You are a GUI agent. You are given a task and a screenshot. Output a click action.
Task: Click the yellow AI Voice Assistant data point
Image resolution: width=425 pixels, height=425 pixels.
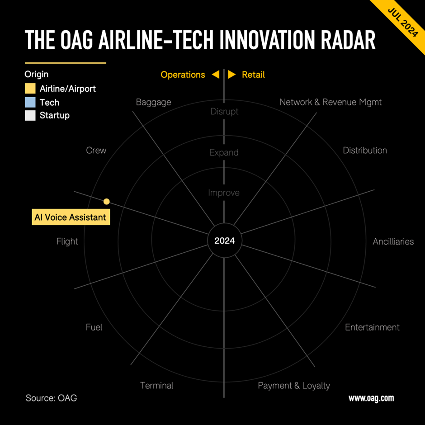[x=107, y=201]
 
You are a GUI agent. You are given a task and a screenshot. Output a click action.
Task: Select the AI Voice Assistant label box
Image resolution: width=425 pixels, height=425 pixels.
[x=70, y=217]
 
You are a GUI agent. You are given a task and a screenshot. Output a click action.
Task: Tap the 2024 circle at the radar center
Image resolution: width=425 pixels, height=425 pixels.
[x=224, y=241]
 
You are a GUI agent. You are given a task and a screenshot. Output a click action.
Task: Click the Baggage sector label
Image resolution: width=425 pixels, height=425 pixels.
[x=153, y=102]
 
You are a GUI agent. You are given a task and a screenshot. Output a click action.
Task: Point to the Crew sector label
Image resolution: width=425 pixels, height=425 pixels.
[x=96, y=150]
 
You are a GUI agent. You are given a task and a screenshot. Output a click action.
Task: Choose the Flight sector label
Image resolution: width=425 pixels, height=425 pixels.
[x=67, y=241]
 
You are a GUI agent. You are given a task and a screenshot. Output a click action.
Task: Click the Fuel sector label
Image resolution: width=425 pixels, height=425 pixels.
[x=94, y=327]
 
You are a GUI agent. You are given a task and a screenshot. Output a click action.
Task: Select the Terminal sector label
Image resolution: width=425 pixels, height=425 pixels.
[x=156, y=385]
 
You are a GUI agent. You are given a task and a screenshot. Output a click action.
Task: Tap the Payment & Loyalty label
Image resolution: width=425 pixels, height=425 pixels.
[x=294, y=385]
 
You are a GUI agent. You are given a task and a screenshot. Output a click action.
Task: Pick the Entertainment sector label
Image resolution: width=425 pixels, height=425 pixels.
[x=372, y=327]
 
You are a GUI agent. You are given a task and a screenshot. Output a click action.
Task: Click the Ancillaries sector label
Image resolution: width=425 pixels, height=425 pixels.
[x=393, y=241]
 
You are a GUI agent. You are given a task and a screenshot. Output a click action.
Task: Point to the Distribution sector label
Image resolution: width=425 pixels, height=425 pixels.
[x=365, y=150]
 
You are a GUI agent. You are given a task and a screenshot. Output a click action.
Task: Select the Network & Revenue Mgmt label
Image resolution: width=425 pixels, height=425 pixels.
[x=331, y=102]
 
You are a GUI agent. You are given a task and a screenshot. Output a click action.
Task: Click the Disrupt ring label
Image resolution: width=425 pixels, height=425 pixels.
[x=224, y=111]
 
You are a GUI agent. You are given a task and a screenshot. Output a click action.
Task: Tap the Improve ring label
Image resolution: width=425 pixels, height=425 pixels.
[x=224, y=193]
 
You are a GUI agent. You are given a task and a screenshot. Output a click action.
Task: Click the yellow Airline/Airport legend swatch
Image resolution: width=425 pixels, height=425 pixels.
[x=30, y=89]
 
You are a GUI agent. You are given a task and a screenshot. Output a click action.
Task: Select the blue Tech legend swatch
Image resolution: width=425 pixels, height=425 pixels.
[x=30, y=102]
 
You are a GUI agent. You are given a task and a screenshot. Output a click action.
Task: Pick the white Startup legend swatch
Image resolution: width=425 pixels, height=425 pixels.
[x=30, y=115]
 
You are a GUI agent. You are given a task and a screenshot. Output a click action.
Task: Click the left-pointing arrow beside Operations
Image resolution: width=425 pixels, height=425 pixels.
[x=216, y=75]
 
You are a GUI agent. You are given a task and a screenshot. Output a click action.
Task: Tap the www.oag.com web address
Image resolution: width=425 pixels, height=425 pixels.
[x=371, y=398]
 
